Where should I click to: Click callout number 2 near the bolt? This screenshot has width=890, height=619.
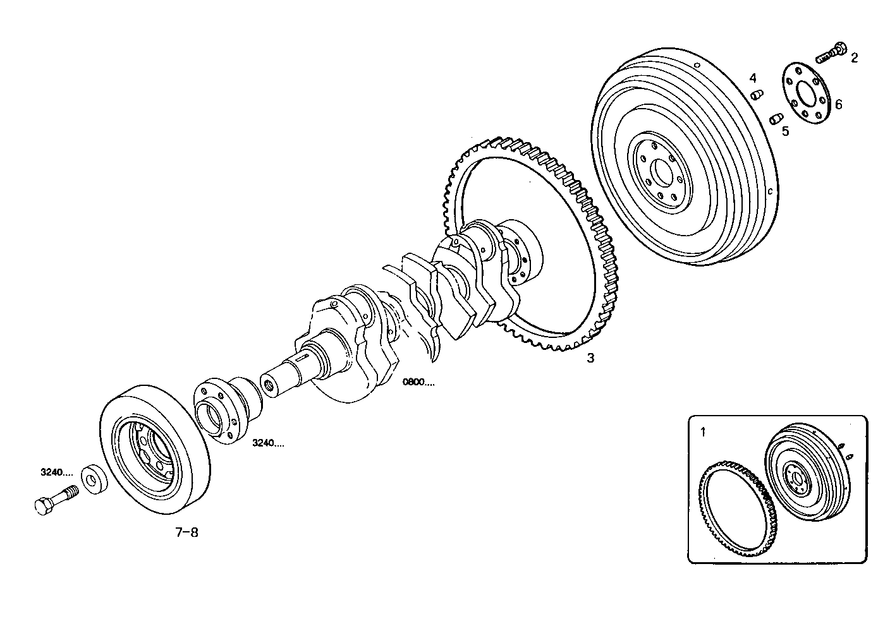[854, 58]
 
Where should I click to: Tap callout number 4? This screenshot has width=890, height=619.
[753, 78]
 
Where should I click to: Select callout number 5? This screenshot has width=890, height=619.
[785, 131]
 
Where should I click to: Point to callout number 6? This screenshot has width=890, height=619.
[838, 105]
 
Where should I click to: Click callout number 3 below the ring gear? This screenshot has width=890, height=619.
[590, 358]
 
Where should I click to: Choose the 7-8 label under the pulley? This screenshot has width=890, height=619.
[186, 532]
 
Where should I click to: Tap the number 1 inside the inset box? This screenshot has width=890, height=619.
[702, 433]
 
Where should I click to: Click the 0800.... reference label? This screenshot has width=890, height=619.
[418, 382]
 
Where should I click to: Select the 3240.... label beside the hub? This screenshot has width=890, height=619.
[268, 443]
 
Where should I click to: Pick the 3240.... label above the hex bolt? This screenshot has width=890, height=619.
[56, 472]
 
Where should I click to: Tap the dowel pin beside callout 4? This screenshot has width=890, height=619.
[755, 95]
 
